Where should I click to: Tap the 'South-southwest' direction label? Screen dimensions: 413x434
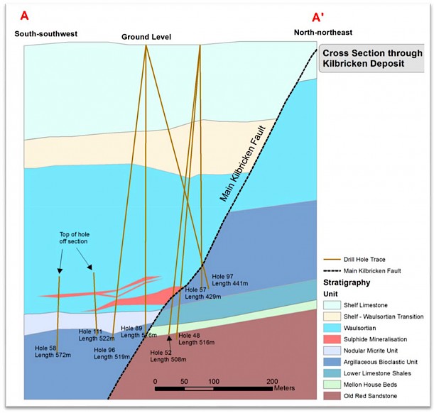click(x=45, y=33)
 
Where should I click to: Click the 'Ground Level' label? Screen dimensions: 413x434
click(x=146, y=37)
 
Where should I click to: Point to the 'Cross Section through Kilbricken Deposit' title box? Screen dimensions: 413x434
click(x=372, y=58)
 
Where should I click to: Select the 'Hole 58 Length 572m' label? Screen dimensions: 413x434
click(x=53, y=351)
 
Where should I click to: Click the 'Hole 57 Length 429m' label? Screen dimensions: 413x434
click(x=202, y=293)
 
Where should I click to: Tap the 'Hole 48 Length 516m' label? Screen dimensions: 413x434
click(x=195, y=338)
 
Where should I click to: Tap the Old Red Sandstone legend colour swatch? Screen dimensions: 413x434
click(x=332, y=396)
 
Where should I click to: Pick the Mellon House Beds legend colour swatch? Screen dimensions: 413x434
click(x=332, y=382)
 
